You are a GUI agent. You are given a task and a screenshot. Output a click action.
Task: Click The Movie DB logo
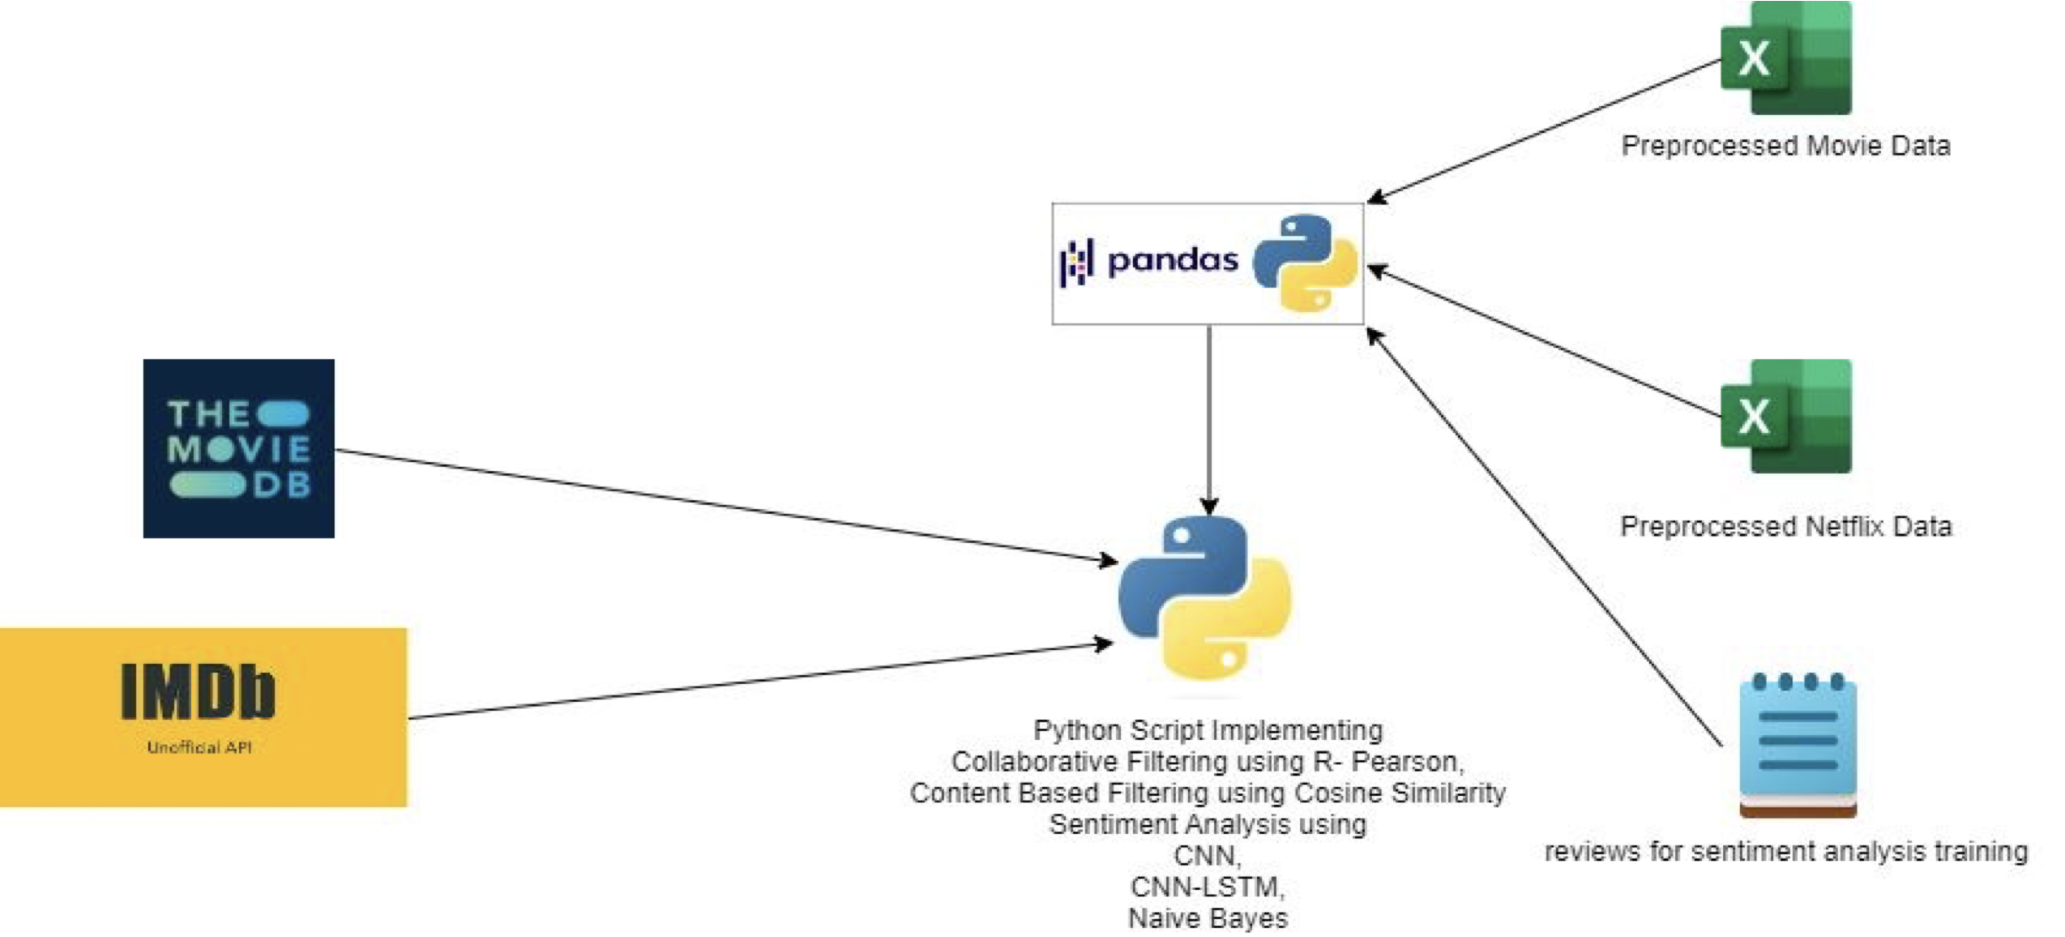click(238, 448)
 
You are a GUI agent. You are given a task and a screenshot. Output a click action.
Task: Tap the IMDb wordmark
click(199, 691)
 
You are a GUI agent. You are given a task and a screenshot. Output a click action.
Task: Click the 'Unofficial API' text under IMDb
click(199, 747)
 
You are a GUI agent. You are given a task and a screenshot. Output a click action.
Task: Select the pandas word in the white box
click(1172, 260)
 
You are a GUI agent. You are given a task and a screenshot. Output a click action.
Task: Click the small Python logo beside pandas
click(1305, 262)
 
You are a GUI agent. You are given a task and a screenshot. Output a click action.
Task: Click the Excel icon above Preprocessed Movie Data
click(1786, 58)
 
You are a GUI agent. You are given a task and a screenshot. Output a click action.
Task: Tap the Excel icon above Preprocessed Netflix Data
click(1786, 417)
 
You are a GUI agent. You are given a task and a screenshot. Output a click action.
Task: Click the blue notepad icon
click(1798, 745)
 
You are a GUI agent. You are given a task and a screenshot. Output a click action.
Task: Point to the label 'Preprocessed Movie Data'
click(1785, 146)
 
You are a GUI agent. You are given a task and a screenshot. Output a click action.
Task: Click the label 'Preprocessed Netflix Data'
click(1785, 527)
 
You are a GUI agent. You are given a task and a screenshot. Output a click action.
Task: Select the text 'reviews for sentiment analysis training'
click(1785, 852)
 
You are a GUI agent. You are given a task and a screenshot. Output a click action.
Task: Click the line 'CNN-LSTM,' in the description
click(1208, 887)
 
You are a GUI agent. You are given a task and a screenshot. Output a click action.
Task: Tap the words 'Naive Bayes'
click(1208, 918)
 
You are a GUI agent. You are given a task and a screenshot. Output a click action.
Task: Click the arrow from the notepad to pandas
click(1540, 535)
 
